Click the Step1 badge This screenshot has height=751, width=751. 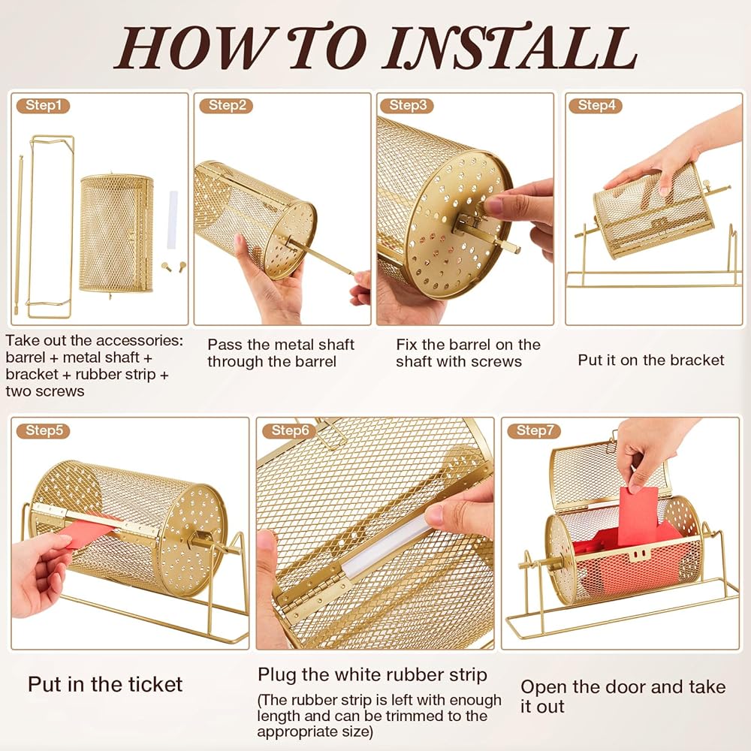tap(43, 105)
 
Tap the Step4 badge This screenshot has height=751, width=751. tap(596, 105)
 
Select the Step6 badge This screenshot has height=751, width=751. tap(289, 430)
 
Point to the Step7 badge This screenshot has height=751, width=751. tap(534, 430)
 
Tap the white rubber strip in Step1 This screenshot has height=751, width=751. tap(173, 220)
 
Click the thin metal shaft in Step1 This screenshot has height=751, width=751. tap(19, 234)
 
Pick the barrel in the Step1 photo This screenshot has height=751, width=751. tap(116, 234)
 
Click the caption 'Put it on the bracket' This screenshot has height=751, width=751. tap(651, 360)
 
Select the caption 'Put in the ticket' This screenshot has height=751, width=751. tap(105, 684)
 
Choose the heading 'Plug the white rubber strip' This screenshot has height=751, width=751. tap(372, 675)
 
